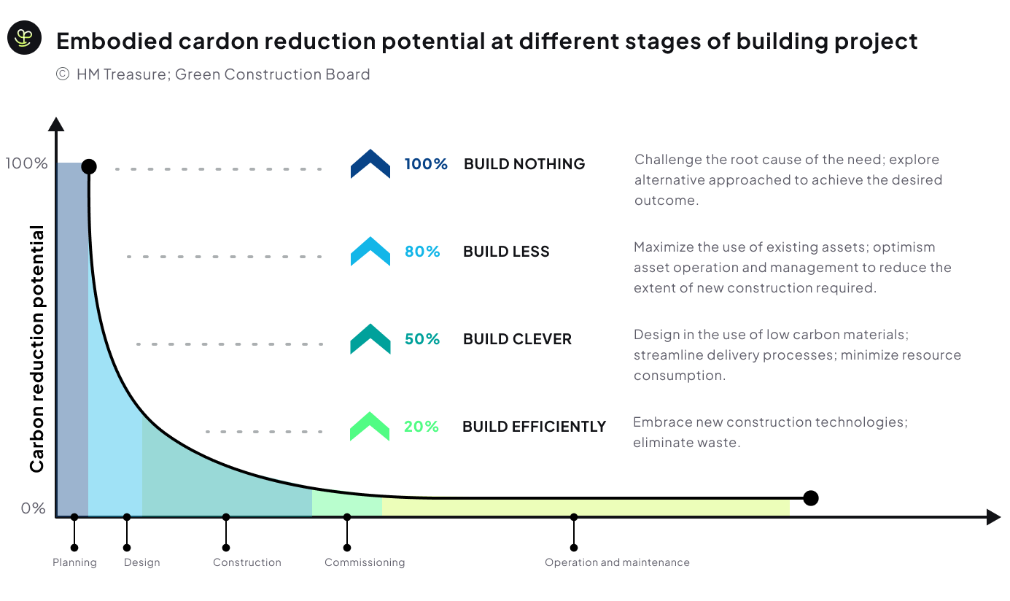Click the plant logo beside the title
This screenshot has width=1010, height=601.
click(x=24, y=38)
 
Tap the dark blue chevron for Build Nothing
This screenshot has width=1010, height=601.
click(x=370, y=163)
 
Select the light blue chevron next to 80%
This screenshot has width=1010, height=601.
click(x=370, y=251)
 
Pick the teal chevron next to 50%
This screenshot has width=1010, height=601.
click(x=370, y=338)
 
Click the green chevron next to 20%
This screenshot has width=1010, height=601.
click(x=370, y=426)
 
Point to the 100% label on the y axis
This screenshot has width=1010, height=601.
click(x=26, y=163)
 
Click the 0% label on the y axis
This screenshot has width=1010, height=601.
click(x=34, y=508)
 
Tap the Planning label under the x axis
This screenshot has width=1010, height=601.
click(x=75, y=562)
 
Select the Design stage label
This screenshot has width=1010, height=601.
click(x=142, y=562)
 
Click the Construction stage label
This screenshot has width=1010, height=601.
click(x=247, y=562)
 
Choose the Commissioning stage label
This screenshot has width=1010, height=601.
click(x=365, y=562)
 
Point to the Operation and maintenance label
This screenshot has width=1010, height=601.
click(x=617, y=562)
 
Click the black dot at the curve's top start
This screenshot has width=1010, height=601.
click(x=89, y=167)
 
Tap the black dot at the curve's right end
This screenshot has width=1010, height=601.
click(x=811, y=498)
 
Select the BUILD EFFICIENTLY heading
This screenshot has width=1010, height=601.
click(x=535, y=427)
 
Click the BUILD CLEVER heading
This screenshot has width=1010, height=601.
click(x=517, y=339)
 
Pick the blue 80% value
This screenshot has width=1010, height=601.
click(x=422, y=252)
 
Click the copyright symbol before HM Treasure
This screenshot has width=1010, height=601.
click(x=63, y=74)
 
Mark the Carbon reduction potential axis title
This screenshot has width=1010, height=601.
click(x=37, y=349)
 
